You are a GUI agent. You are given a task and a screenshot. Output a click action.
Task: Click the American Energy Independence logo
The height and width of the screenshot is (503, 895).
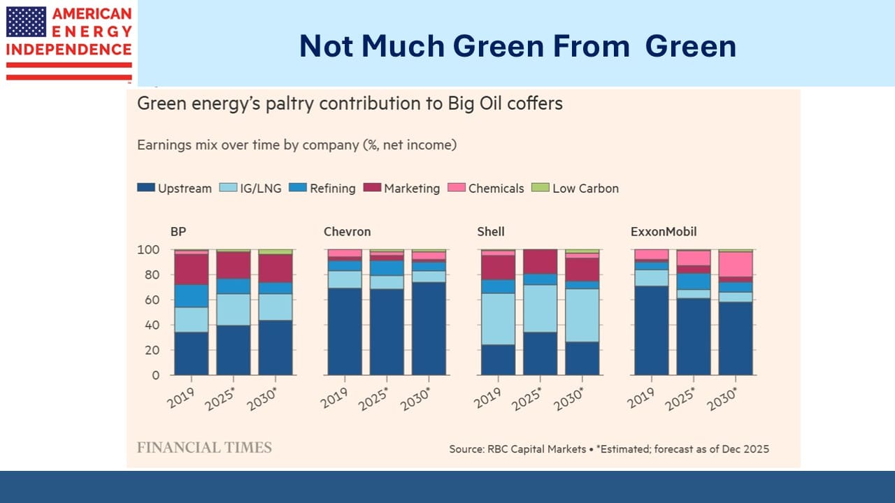click(x=69, y=42)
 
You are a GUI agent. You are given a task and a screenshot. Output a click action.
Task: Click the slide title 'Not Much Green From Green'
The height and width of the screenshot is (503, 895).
click(x=517, y=46)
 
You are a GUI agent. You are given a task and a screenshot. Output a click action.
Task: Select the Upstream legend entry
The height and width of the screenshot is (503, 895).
click(x=175, y=188)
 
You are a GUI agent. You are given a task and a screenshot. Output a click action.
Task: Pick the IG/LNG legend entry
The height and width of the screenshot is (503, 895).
click(x=250, y=188)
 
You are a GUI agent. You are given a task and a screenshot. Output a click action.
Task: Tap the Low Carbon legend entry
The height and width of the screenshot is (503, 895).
click(x=576, y=188)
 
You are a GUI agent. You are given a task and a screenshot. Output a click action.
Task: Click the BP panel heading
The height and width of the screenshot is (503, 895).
click(x=178, y=232)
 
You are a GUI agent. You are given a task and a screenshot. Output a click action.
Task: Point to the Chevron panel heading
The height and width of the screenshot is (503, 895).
click(x=347, y=232)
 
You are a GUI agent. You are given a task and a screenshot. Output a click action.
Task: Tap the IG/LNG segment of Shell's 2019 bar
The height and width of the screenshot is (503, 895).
click(x=498, y=319)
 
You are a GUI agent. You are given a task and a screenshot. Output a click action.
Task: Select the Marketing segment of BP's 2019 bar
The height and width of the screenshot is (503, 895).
click(x=192, y=269)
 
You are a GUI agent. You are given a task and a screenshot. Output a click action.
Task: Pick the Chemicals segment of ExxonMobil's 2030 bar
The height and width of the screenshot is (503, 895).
click(x=736, y=264)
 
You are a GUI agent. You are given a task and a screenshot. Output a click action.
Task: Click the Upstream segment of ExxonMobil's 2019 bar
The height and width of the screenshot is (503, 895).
click(x=651, y=330)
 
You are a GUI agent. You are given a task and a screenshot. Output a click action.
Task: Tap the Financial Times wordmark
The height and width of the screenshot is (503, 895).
click(x=204, y=448)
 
